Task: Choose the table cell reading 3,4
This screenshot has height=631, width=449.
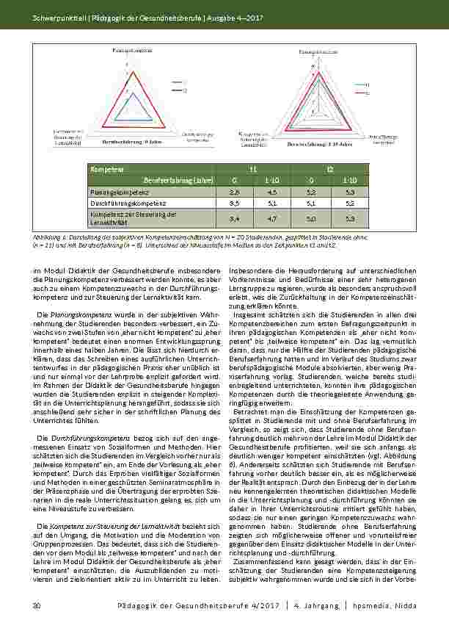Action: tap(234, 217)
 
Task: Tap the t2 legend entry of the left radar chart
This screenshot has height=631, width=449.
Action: tap(181, 91)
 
